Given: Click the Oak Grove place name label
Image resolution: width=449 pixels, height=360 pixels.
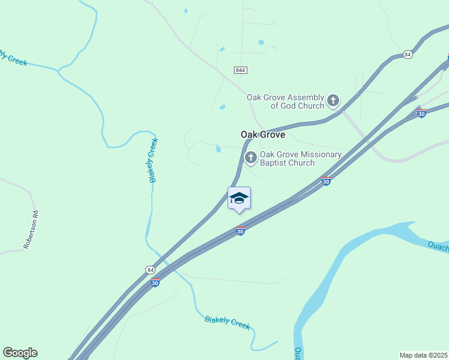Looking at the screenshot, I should [x=263, y=134].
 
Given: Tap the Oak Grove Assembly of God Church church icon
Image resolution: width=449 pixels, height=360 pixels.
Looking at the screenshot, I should [x=333, y=101].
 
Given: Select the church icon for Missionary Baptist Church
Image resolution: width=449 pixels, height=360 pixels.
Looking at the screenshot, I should [x=250, y=158].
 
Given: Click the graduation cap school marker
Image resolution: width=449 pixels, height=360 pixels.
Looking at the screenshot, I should [x=239, y=198].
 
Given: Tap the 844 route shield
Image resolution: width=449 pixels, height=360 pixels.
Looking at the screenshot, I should [x=241, y=70].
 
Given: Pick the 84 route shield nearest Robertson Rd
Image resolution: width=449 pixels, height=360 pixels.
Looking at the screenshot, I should [x=150, y=271].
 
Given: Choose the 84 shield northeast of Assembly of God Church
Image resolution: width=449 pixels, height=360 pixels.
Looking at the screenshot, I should [x=408, y=55].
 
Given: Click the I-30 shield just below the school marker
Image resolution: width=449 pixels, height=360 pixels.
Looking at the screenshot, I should [x=240, y=231].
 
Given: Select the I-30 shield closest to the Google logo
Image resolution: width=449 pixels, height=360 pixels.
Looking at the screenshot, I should [x=155, y=283].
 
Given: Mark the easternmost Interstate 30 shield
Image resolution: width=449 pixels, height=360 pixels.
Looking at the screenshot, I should [x=421, y=113].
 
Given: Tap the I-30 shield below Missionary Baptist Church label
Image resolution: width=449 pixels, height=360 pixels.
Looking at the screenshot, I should [x=326, y=181].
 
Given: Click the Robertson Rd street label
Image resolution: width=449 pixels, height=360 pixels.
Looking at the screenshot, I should [x=31, y=229].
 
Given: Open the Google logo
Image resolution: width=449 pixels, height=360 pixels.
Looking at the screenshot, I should [x=20, y=353].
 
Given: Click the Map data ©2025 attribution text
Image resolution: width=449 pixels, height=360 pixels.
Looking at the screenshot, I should [x=423, y=355].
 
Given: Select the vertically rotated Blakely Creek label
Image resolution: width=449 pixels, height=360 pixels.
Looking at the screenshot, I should [x=154, y=160].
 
